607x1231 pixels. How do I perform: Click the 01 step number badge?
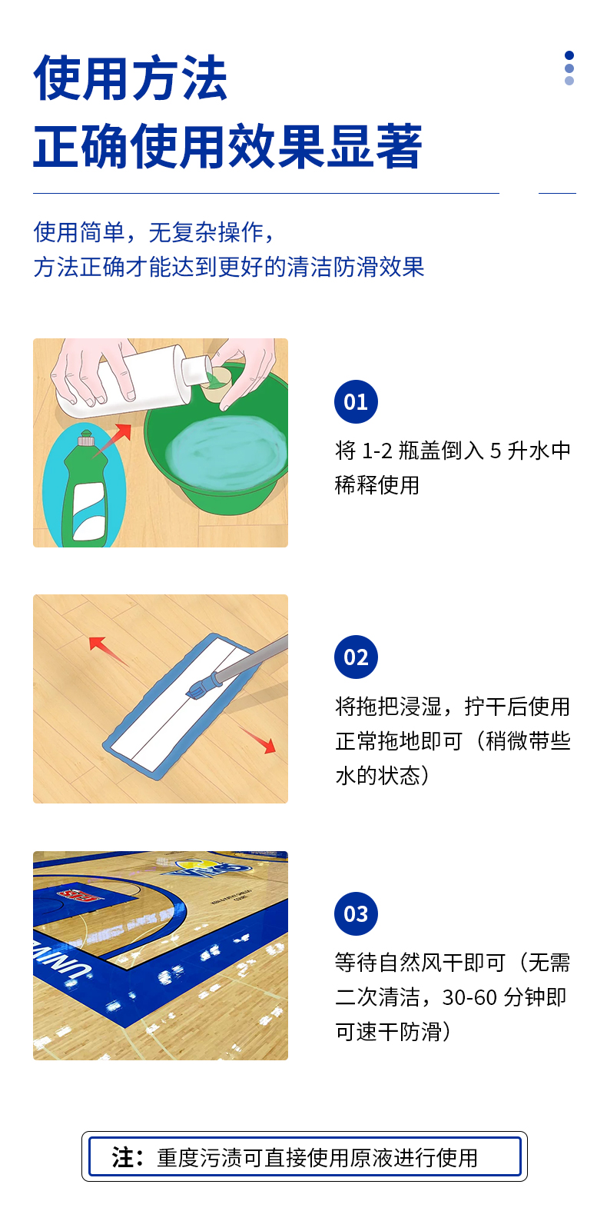(356, 401)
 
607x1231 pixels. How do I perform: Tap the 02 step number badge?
(356, 657)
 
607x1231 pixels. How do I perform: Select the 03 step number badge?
(356, 913)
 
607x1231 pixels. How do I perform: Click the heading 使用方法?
(131, 78)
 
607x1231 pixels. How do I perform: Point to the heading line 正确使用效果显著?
(227, 146)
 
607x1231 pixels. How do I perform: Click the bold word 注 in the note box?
(123, 1157)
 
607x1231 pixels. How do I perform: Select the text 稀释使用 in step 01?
(376, 485)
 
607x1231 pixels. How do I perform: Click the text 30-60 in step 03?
(469, 997)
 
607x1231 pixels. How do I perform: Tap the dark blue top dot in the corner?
(569, 55)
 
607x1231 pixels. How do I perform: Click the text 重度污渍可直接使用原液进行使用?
(317, 1158)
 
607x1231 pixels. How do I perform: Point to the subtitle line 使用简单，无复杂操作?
(154, 232)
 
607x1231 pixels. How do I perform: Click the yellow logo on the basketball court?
(204, 869)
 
